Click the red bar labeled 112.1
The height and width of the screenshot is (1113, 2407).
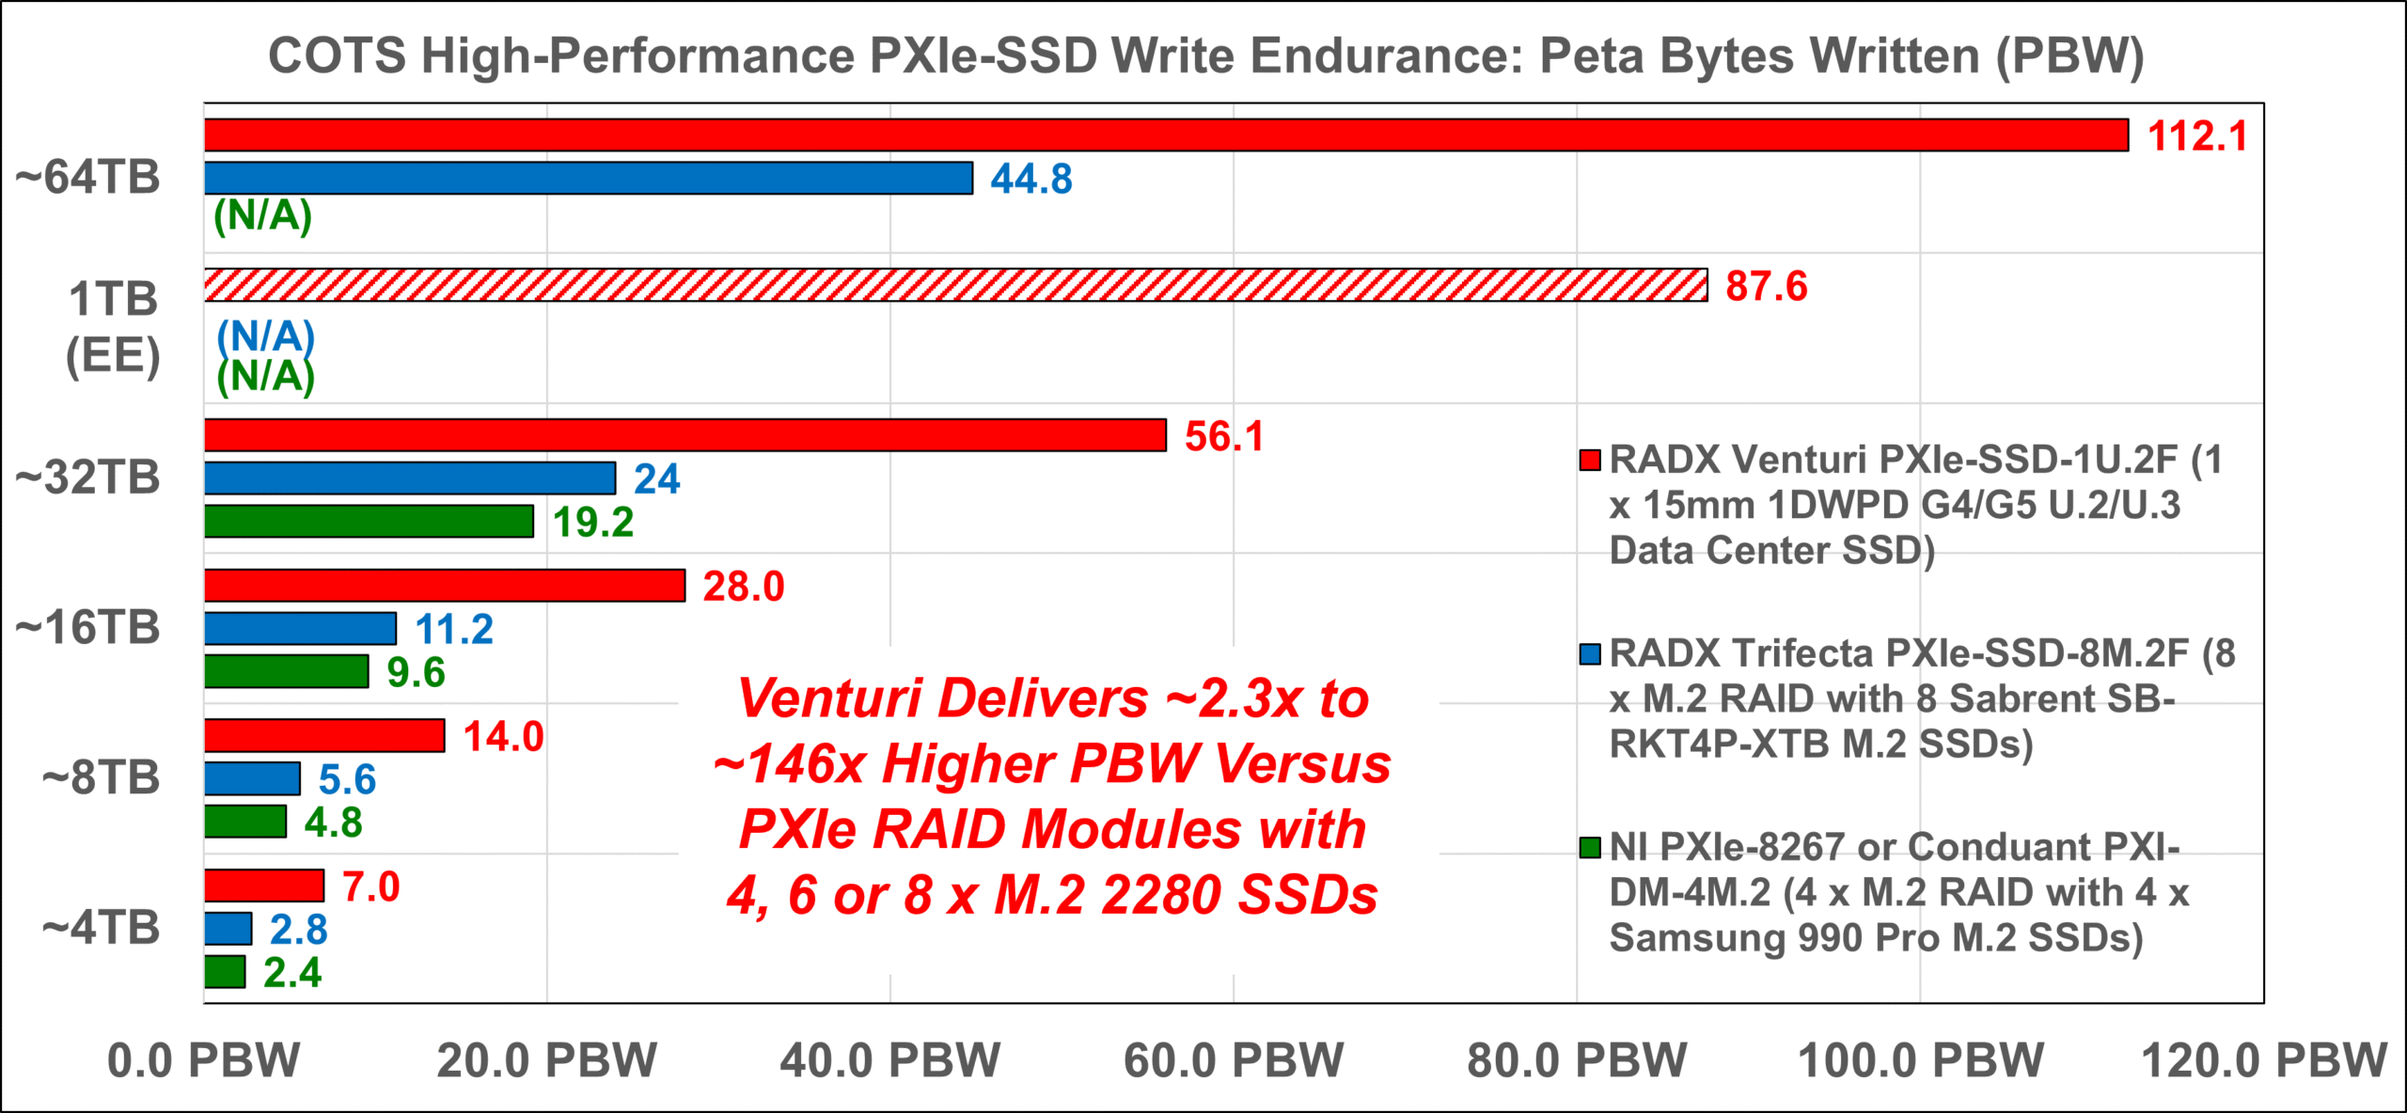click(x=1166, y=135)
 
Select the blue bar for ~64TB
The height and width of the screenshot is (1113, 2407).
click(x=589, y=179)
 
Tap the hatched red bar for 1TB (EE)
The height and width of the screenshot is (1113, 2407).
click(x=955, y=286)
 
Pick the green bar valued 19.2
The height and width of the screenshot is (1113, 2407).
click(x=369, y=522)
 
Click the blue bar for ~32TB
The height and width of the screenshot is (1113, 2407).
click(x=410, y=478)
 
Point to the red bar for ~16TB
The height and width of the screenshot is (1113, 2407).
click(x=445, y=586)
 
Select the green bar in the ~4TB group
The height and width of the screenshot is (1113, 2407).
click(x=225, y=972)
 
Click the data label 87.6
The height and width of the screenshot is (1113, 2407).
click(x=1766, y=287)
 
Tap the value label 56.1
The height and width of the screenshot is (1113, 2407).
click(x=1224, y=436)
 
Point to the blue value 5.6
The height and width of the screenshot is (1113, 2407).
click(x=347, y=779)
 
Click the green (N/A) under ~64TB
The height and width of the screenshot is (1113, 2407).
click(x=262, y=216)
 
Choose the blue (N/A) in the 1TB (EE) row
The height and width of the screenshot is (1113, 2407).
click(x=265, y=337)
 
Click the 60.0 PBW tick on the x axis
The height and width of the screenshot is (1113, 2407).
click(x=1234, y=1060)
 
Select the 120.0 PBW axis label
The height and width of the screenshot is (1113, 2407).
click(x=2263, y=1060)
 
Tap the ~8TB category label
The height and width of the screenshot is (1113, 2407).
click(x=102, y=778)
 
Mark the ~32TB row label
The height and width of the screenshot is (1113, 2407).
click(x=88, y=478)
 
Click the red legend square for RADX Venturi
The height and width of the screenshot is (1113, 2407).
click(x=1590, y=461)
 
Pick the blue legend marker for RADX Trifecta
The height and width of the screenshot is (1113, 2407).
click(x=1590, y=654)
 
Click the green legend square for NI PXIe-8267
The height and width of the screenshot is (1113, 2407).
click(x=1590, y=848)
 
